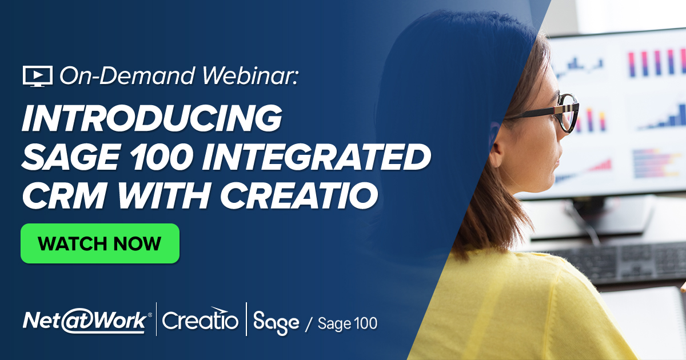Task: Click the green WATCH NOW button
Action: coord(100,243)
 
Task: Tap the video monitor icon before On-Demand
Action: coord(37,75)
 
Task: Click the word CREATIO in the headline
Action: coord(299,194)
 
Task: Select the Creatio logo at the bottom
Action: coord(200,321)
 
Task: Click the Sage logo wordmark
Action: coord(276,322)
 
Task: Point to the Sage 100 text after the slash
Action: coord(348,323)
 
